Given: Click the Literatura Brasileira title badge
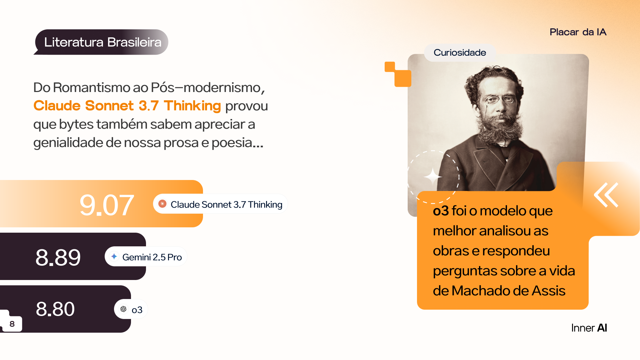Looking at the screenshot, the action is (101, 42).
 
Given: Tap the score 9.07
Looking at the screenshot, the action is (107, 205).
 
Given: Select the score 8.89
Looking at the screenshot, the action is (58, 257).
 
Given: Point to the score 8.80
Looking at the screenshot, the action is (55, 309).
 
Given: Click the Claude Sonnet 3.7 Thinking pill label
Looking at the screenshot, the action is (220, 204).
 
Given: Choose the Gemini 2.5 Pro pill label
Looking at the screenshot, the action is (146, 257).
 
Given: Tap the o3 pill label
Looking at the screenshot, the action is (131, 309).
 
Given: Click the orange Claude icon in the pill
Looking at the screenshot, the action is (162, 204).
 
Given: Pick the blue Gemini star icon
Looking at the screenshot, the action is (114, 256).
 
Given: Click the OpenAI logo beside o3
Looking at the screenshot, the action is (123, 309).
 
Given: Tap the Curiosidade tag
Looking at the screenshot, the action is (460, 53).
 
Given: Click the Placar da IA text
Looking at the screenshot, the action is (578, 32).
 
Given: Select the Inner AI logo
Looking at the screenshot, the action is (589, 328).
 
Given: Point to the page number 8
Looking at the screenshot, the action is (12, 324).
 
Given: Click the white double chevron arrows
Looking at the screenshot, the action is (606, 195).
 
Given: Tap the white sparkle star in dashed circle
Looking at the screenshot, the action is (433, 177).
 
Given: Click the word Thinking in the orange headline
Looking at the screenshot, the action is (192, 106).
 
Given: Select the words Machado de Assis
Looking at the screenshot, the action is (508, 291).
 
